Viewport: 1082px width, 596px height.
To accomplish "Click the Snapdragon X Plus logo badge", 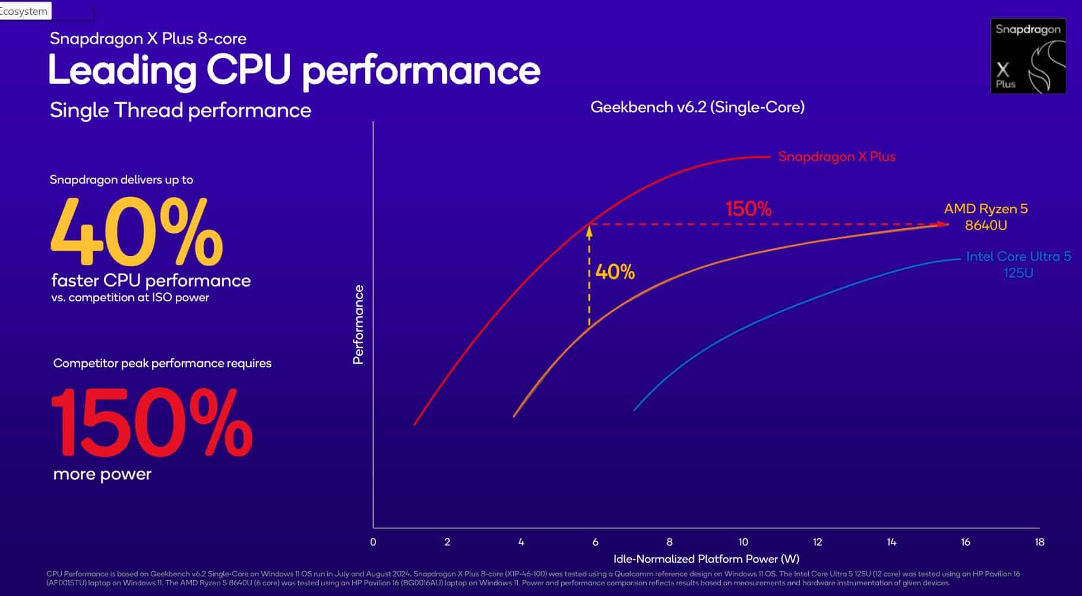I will click(1028, 56).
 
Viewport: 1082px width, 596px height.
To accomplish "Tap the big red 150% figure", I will click(152, 422).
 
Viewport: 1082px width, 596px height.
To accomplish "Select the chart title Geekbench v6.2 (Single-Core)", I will click(697, 108).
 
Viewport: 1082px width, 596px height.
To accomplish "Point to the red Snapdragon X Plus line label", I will click(836, 157).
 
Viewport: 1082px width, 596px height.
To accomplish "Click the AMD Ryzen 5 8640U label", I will click(986, 217).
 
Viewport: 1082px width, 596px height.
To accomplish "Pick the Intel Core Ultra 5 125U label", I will click(1018, 264).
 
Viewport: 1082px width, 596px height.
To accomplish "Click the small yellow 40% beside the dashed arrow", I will click(615, 272).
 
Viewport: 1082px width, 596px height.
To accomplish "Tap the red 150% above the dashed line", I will click(748, 209).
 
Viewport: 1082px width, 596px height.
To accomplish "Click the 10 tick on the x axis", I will click(743, 542).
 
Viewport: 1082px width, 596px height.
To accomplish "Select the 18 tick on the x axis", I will click(1039, 542).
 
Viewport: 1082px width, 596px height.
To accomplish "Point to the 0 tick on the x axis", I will click(373, 542).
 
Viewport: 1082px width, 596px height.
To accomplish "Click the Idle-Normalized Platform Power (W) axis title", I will click(706, 559).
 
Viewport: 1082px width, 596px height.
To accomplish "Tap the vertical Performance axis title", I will click(358, 324).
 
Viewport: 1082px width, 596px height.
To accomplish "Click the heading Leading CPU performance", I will click(294, 71).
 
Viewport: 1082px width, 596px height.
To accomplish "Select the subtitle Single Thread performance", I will click(181, 111).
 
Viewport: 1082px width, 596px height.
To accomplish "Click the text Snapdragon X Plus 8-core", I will click(148, 39).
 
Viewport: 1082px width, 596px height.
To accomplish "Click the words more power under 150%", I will click(102, 474).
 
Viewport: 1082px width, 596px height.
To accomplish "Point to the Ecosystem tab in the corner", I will click(24, 11).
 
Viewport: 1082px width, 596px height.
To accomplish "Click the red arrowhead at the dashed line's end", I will click(944, 224).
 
